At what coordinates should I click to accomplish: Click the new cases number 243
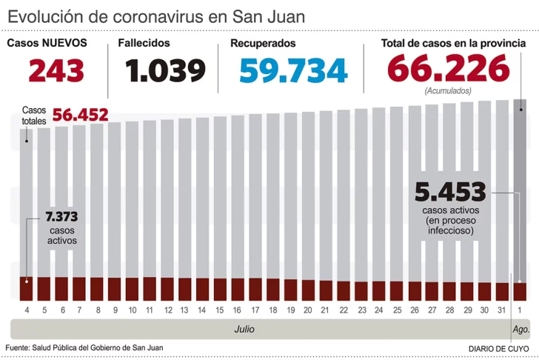(x=56, y=70)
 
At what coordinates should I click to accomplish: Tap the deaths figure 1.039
(x=164, y=70)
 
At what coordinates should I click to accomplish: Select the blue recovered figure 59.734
(x=293, y=70)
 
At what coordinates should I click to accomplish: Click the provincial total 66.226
(x=448, y=70)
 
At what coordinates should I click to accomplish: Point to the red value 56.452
(x=80, y=115)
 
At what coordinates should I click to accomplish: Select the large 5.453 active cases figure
(x=450, y=193)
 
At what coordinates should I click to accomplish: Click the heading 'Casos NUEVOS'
(x=47, y=43)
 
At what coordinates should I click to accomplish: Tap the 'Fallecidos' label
(x=144, y=43)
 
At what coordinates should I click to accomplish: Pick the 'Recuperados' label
(x=263, y=43)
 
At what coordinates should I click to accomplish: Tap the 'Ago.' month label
(x=520, y=328)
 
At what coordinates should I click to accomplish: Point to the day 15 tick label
(x=220, y=309)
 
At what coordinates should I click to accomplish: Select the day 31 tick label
(x=502, y=309)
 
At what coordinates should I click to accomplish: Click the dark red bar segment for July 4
(x=27, y=288)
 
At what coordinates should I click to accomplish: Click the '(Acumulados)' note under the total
(x=448, y=90)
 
